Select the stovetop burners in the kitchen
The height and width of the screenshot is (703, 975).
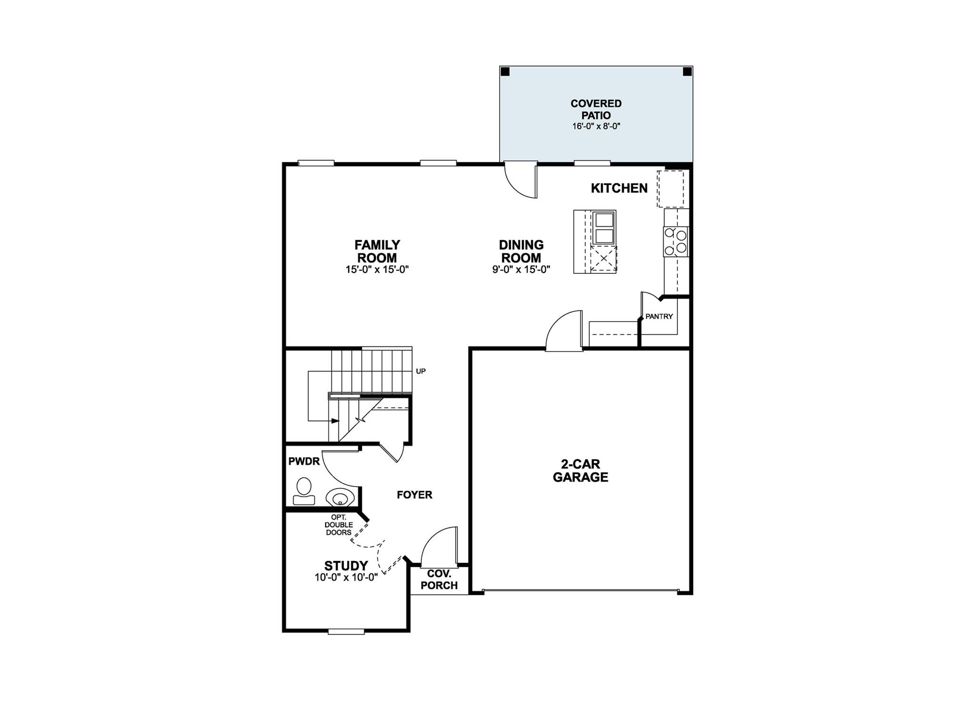coord(676,241)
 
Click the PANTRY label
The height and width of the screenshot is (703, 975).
coord(659,316)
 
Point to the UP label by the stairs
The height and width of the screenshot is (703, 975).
coord(421,371)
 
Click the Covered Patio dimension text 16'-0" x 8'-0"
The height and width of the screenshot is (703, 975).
coord(596,127)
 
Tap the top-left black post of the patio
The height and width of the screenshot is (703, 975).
coord(506,72)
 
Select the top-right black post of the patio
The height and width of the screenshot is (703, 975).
coord(687,72)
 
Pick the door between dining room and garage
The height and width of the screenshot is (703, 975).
coord(564,331)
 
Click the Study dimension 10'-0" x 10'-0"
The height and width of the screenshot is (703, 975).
coord(346,577)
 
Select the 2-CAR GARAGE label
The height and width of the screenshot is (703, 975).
coord(580,471)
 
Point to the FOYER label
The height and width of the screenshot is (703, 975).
coord(414,495)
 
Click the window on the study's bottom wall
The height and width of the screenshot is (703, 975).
coord(347,632)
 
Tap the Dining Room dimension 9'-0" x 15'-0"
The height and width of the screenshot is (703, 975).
coord(521,269)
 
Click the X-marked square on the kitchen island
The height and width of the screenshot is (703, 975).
coord(604,259)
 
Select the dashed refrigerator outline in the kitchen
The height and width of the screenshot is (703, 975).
coord(670,189)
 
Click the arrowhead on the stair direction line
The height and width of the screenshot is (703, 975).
coord(336,421)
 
